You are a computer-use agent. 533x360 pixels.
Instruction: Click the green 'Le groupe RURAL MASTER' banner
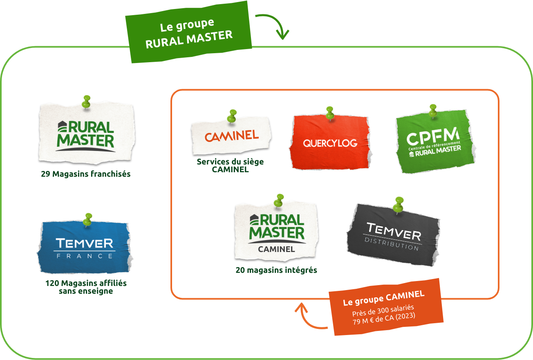189,32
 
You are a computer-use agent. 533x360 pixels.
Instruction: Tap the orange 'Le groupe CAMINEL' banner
384,307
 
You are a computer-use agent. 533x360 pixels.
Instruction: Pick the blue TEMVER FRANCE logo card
85,248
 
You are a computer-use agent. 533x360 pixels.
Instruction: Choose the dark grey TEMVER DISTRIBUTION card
393,235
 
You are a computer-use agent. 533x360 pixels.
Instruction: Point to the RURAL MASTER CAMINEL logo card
276,231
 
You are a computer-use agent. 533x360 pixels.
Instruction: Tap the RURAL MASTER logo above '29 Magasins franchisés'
86,133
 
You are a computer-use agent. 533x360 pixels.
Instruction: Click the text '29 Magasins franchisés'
86,174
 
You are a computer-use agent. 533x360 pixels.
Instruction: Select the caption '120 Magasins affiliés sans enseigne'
86,287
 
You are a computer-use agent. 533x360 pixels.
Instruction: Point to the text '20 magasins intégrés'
276,270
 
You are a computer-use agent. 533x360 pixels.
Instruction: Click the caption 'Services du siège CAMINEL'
230,165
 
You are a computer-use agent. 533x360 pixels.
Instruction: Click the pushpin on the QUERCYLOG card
330,113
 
